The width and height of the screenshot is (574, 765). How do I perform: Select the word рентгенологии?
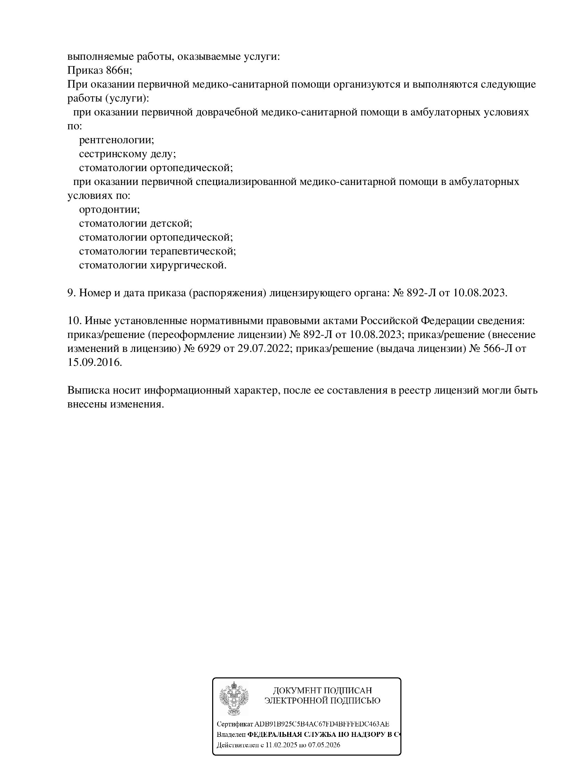tap(116, 140)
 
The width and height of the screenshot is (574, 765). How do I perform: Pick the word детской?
tap(171, 224)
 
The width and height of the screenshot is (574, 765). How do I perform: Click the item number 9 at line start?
tap(70, 293)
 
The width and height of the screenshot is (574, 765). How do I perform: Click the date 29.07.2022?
tap(263, 348)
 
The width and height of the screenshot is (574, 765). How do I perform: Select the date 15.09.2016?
tap(94, 362)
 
